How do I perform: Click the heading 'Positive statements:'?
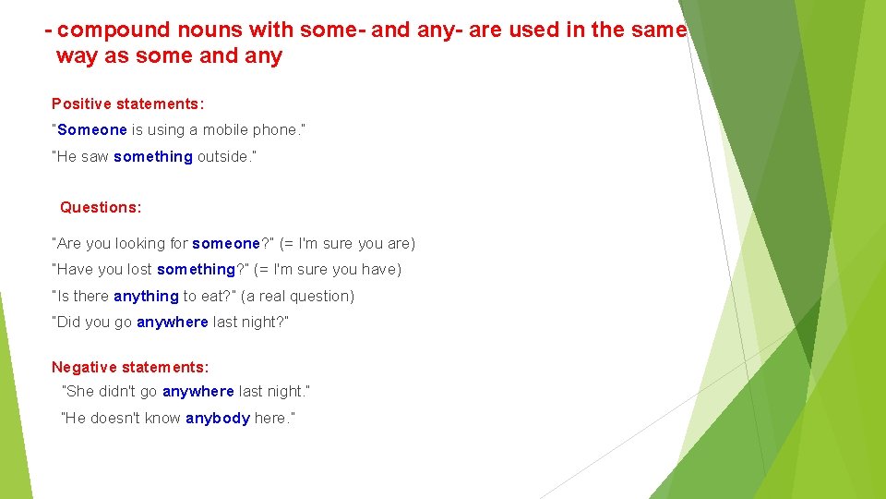point(127,104)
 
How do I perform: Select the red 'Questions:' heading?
point(101,208)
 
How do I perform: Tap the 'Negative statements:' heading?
point(130,368)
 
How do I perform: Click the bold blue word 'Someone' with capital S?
point(91,130)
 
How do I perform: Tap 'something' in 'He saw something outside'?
point(153,157)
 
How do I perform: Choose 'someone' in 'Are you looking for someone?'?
point(226,244)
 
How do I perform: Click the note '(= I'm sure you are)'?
point(347,244)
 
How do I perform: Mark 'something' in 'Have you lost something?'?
point(196,270)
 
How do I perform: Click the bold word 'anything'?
point(146,297)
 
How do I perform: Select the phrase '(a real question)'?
point(297,297)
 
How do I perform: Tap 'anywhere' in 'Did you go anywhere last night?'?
point(173,323)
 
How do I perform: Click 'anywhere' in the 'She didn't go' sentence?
point(198,392)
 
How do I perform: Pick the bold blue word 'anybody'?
point(218,419)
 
